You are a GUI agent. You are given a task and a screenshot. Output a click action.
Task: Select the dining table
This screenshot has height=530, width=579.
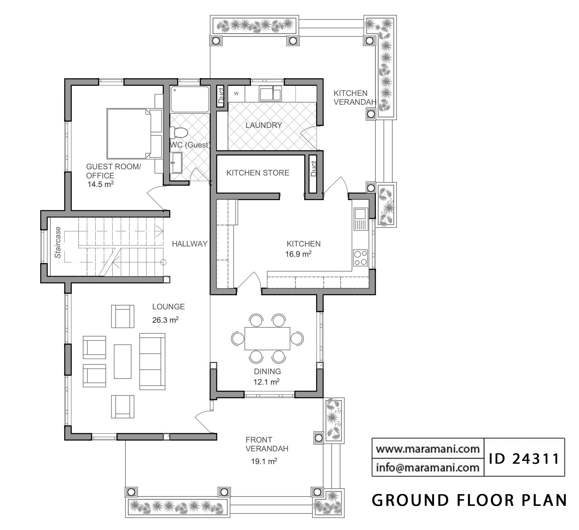pos(267,338)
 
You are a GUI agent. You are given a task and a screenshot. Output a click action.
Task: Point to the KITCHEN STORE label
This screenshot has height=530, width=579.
pos(258,173)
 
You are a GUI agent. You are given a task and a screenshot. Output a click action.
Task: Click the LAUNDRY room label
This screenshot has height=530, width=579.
pos(264,125)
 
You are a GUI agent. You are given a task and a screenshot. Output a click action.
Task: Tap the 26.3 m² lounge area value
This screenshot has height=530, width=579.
pos(165,320)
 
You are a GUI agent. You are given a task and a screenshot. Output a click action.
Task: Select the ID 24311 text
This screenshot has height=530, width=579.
pos(524,459)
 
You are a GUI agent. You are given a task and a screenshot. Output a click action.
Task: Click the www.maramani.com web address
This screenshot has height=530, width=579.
pos(428,449)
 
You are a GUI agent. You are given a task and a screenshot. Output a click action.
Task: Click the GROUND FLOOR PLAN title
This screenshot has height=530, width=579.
pos(469,500)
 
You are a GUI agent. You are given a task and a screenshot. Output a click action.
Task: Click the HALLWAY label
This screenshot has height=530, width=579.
pos(190,244)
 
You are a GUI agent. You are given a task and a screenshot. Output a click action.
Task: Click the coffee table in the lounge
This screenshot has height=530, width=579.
pos(123,361)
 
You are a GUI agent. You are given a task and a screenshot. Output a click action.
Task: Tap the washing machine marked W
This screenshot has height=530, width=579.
pos(236,94)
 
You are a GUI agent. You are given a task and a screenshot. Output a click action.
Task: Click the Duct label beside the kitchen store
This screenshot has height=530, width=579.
pos(314,169)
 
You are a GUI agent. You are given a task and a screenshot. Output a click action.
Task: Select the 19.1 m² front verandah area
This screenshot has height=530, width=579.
pos(264,461)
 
